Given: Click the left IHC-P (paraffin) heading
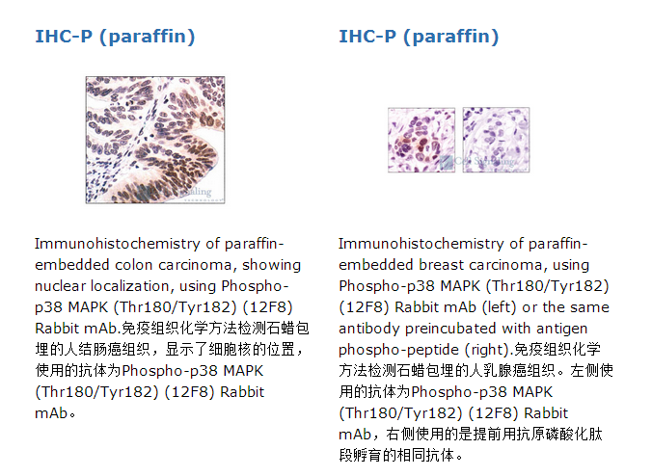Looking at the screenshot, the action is click(115, 37).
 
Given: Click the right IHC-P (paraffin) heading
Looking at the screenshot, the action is click(419, 37).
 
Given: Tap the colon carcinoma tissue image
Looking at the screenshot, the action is click(155, 140).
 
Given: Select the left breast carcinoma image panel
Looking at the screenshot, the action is click(421, 140).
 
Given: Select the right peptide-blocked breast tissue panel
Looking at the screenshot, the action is click(496, 140).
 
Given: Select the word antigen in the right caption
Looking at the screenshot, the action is click(561, 329).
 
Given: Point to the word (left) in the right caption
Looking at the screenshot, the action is click(500, 307).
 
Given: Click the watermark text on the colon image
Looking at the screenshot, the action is click(197, 192).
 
